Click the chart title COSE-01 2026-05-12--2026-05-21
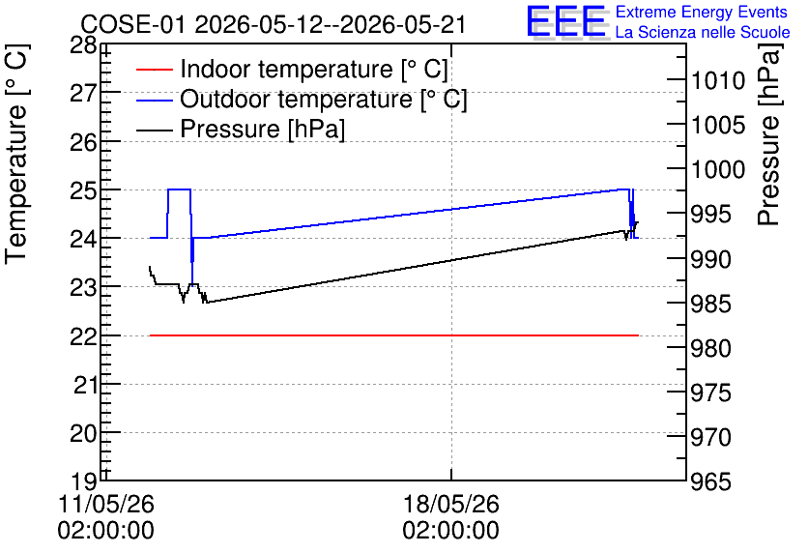point(274,24)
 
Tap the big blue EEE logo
point(566,21)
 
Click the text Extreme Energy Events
point(702,12)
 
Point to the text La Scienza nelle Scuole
point(703,32)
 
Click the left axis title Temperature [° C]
point(16,154)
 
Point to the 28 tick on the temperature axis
point(83,45)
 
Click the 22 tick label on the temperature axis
point(83,336)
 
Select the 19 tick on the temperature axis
point(83,481)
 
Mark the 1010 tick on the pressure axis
point(718,81)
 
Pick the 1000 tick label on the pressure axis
point(718,169)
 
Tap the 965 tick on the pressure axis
point(711,481)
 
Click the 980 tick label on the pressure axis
point(711,348)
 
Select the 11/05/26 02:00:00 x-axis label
point(105,516)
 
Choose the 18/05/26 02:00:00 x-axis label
point(451,516)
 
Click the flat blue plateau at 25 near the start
point(180,189)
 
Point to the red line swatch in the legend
point(154,70)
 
